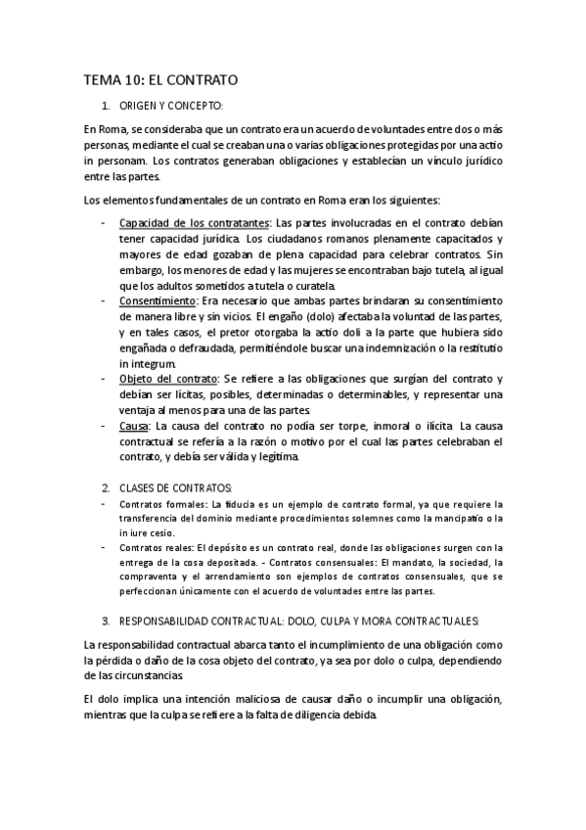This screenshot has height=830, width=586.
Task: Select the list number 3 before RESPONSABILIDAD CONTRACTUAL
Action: coord(106,621)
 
